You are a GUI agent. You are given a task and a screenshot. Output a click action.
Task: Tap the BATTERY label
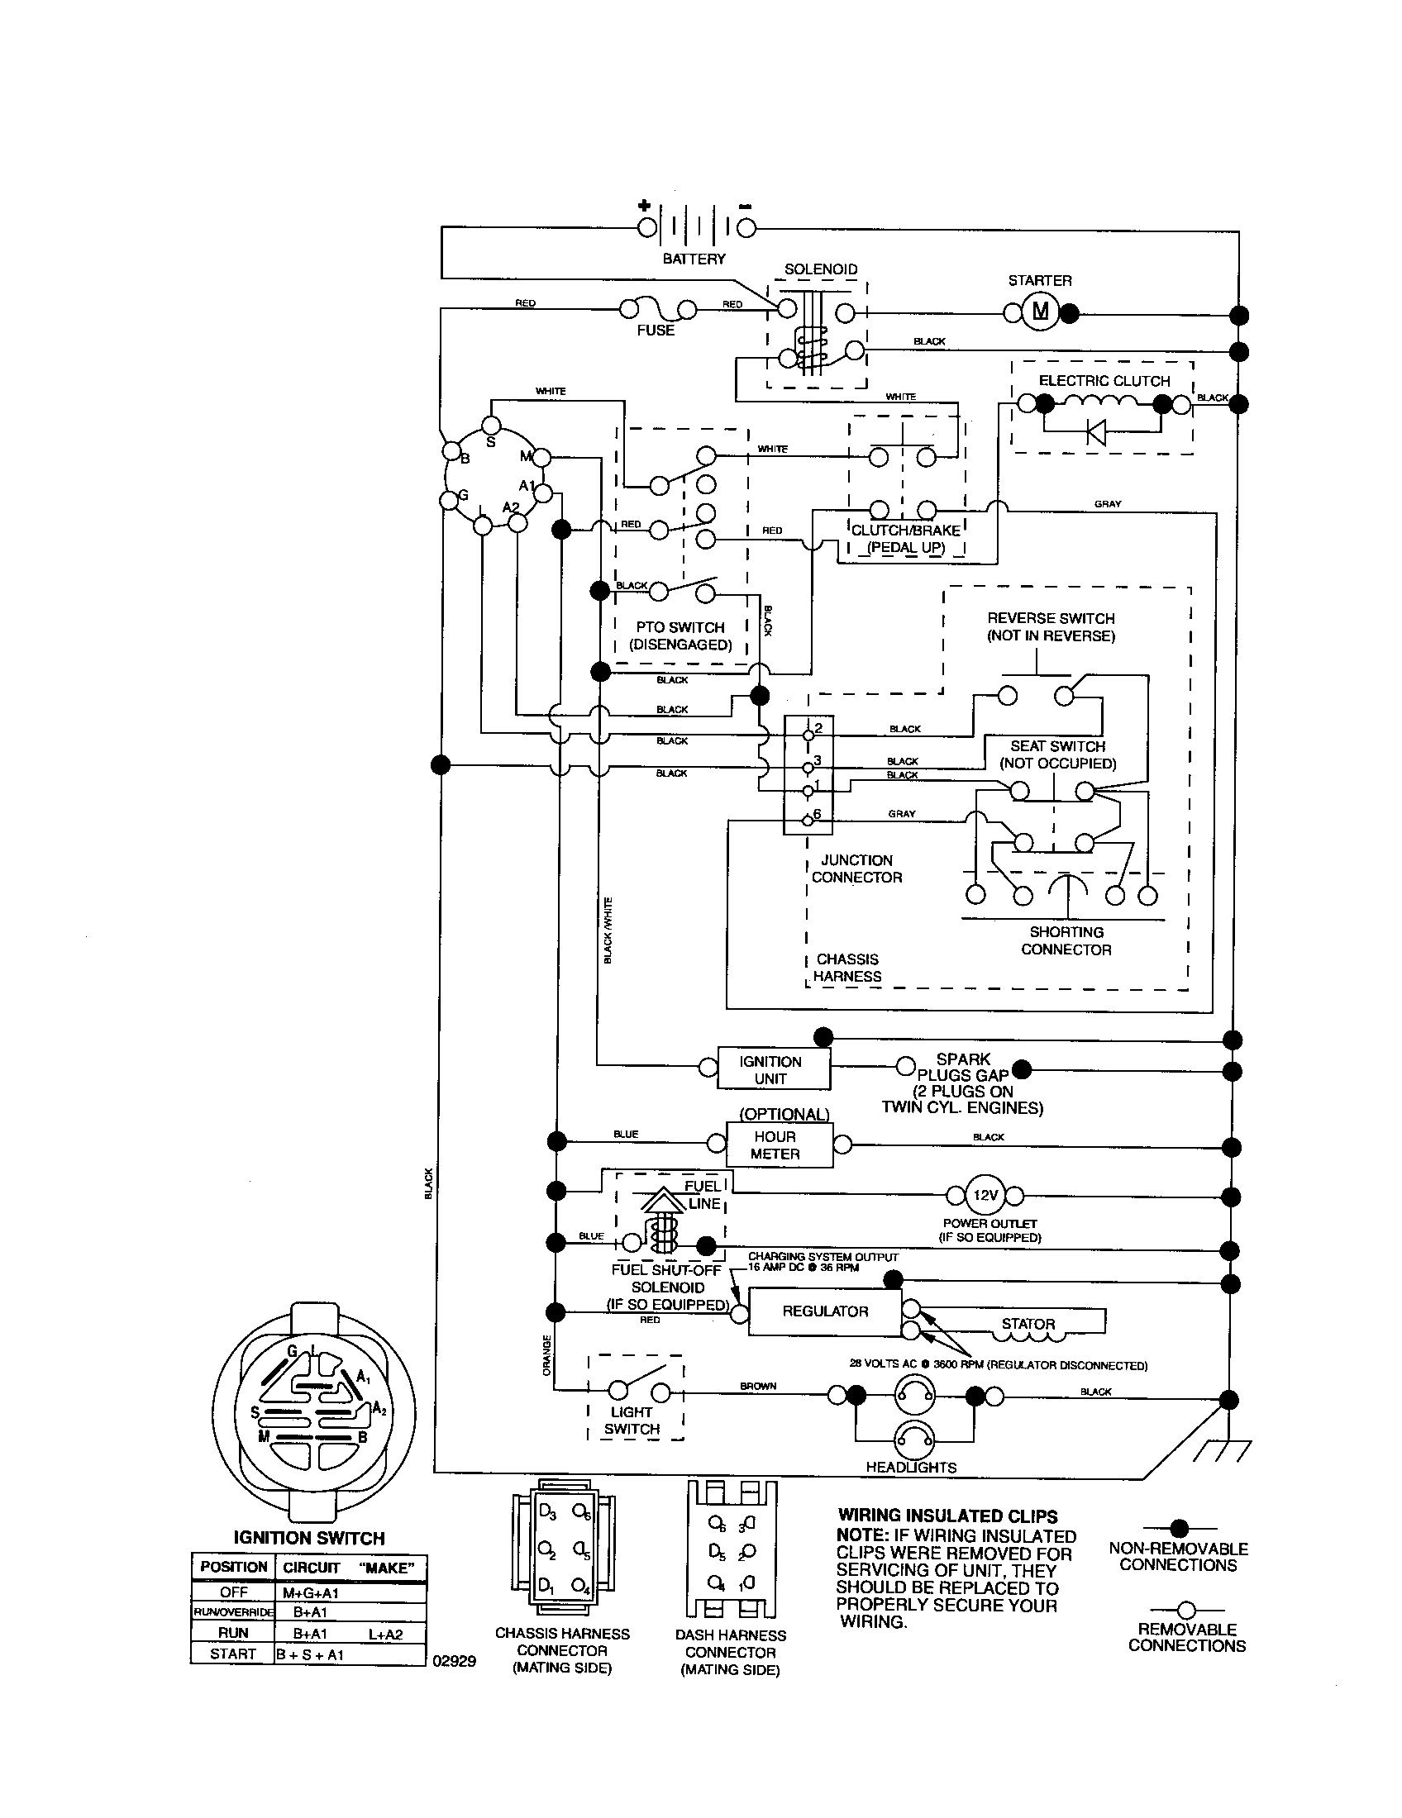(694, 259)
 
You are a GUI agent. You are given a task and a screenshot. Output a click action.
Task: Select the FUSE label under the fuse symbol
(656, 331)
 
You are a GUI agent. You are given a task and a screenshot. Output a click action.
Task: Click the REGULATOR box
(824, 1311)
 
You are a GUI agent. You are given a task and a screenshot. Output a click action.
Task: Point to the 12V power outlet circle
(985, 1196)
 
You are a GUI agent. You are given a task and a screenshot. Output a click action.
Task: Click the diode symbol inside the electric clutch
(1096, 432)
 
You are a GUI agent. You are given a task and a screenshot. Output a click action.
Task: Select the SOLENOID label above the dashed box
(820, 269)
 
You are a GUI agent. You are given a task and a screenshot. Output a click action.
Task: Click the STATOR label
(1028, 1324)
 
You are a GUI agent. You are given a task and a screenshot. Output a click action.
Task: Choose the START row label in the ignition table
(233, 1654)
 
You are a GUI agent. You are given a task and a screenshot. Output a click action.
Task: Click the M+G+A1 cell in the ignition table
(311, 1592)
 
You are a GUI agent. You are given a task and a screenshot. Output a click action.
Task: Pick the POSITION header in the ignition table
(233, 1566)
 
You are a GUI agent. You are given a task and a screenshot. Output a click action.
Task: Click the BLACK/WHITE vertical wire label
(608, 930)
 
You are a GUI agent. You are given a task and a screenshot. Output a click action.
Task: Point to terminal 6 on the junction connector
(808, 819)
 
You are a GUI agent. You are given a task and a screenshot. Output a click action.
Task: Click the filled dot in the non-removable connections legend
(1178, 1527)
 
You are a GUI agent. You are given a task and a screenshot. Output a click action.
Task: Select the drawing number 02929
(454, 1661)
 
